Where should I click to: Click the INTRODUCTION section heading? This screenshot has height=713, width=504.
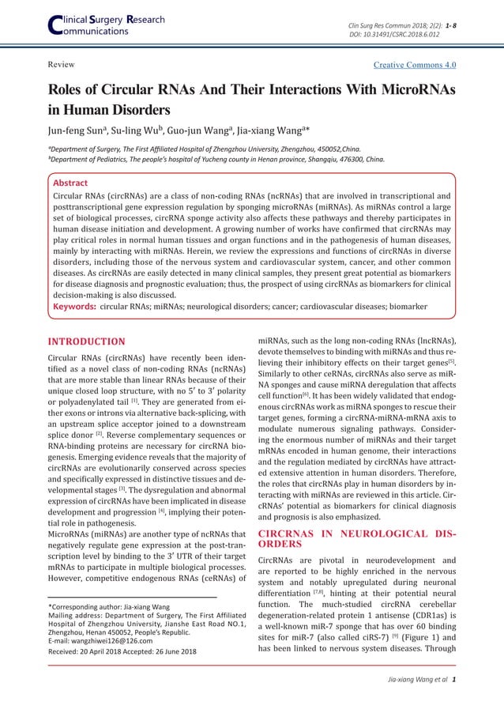tap(87, 341)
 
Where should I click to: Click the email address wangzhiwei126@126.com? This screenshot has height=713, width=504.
tap(113, 642)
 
